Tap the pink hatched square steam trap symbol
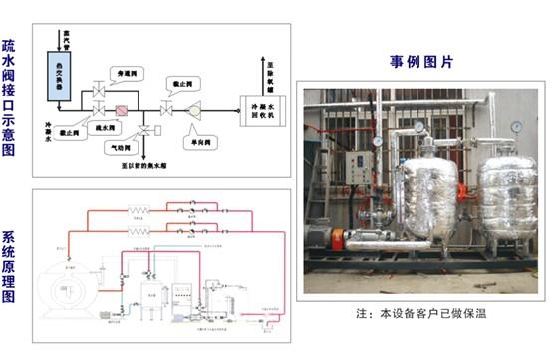pyautogui.click(x=121, y=107)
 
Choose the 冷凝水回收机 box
pyautogui.click(x=260, y=107)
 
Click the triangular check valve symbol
pyautogui.click(x=195, y=107)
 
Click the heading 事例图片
pyautogui.click(x=420, y=62)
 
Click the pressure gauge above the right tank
pyautogui.click(x=517, y=127)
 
